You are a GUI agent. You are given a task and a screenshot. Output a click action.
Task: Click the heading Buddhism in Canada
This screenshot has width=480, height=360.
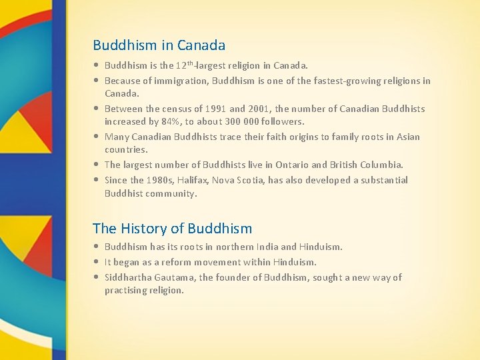(159, 45)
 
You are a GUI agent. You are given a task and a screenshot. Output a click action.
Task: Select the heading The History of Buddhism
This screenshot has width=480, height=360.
(172, 229)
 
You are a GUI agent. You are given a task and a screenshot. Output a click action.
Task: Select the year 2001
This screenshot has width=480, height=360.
(258, 109)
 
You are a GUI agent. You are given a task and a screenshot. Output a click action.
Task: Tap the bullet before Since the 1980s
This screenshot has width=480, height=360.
(97, 180)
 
